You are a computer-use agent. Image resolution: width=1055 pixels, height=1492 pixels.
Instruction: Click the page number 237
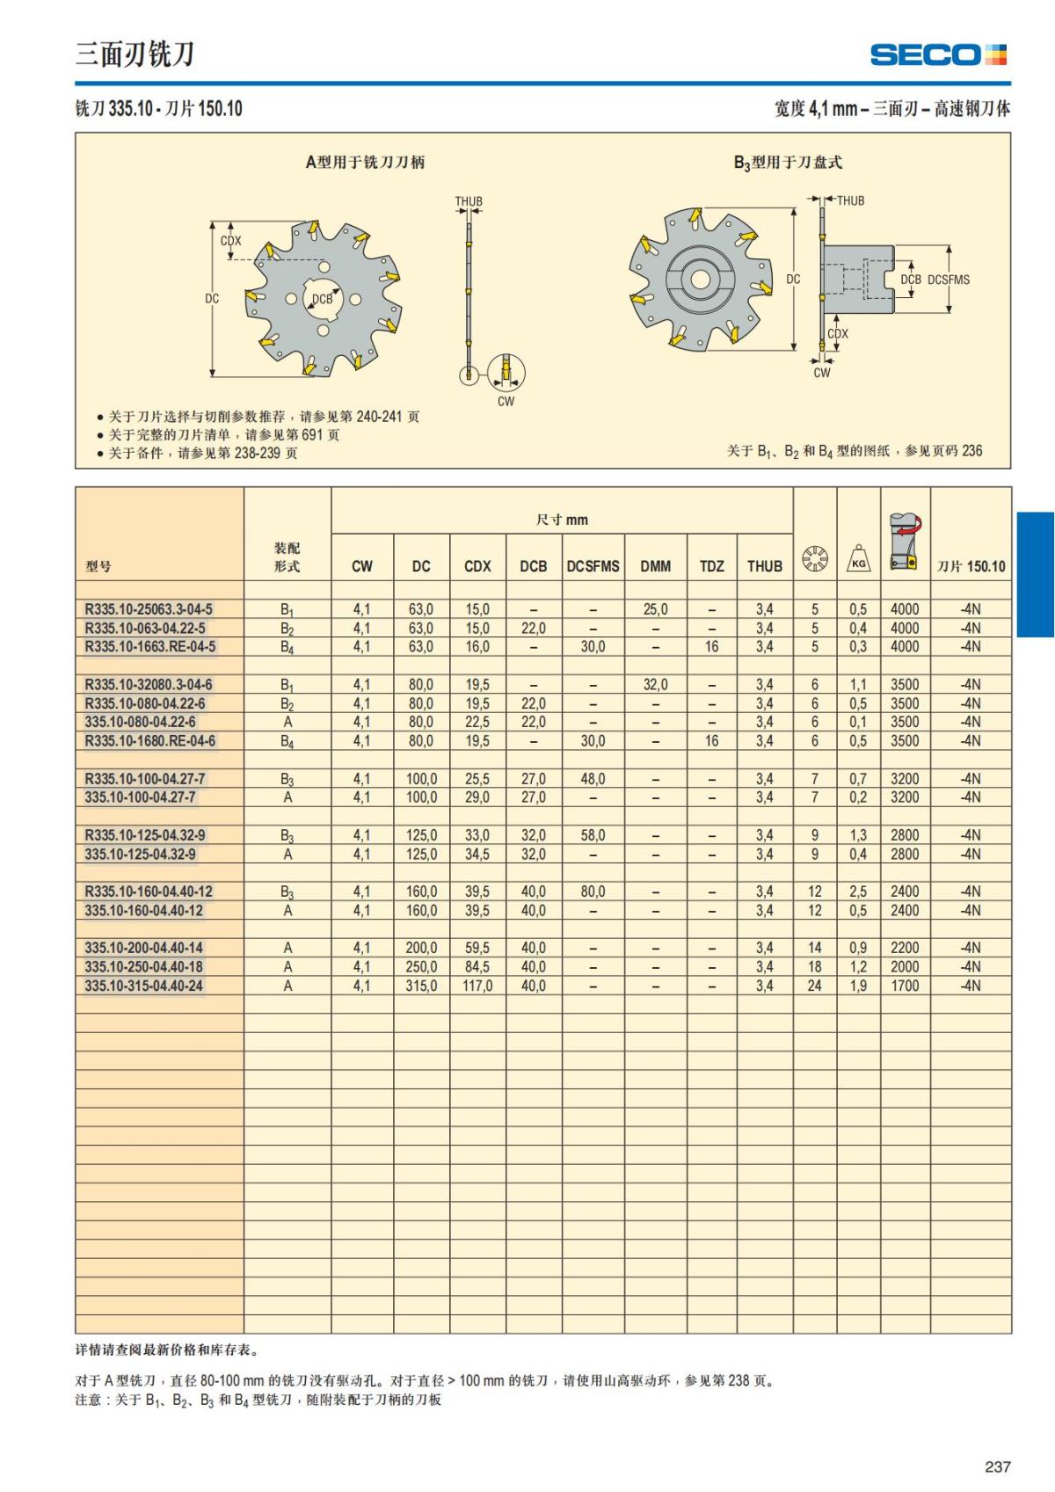click(997, 1467)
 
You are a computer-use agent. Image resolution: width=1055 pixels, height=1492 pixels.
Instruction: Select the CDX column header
click(477, 566)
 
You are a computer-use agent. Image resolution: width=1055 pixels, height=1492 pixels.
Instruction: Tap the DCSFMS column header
click(593, 566)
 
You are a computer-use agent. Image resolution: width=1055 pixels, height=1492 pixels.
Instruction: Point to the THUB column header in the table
click(765, 566)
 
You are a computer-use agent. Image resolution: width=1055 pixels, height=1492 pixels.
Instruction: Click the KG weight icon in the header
click(859, 558)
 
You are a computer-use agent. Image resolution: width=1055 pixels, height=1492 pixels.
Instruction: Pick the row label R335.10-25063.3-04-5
click(149, 608)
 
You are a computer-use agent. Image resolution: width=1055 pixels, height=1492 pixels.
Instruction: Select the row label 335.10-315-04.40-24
click(144, 986)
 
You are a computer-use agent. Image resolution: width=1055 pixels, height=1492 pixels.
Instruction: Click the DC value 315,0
click(422, 986)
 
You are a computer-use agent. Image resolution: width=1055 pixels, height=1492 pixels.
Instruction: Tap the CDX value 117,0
click(477, 986)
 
